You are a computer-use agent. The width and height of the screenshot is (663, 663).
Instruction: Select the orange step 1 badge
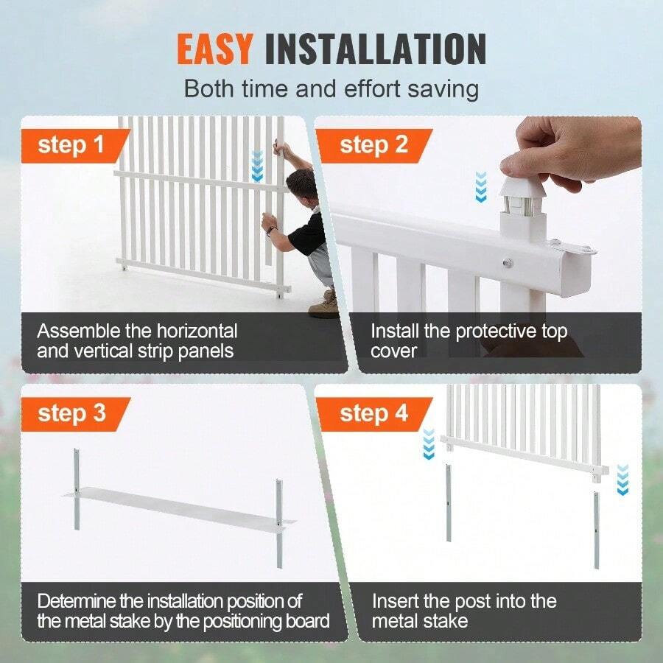tap(71, 144)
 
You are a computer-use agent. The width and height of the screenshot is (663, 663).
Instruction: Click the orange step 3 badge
tap(71, 413)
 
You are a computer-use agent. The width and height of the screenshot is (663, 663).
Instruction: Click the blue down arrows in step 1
tap(256, 166)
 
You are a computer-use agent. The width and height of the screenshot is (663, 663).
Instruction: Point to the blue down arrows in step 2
tap(480, 186)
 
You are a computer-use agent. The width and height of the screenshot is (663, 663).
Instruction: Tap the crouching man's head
tap(301, 186)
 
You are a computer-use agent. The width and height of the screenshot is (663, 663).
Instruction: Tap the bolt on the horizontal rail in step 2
tap(507, 262)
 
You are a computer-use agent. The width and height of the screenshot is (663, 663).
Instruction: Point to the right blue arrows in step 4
tap(622, 480)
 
